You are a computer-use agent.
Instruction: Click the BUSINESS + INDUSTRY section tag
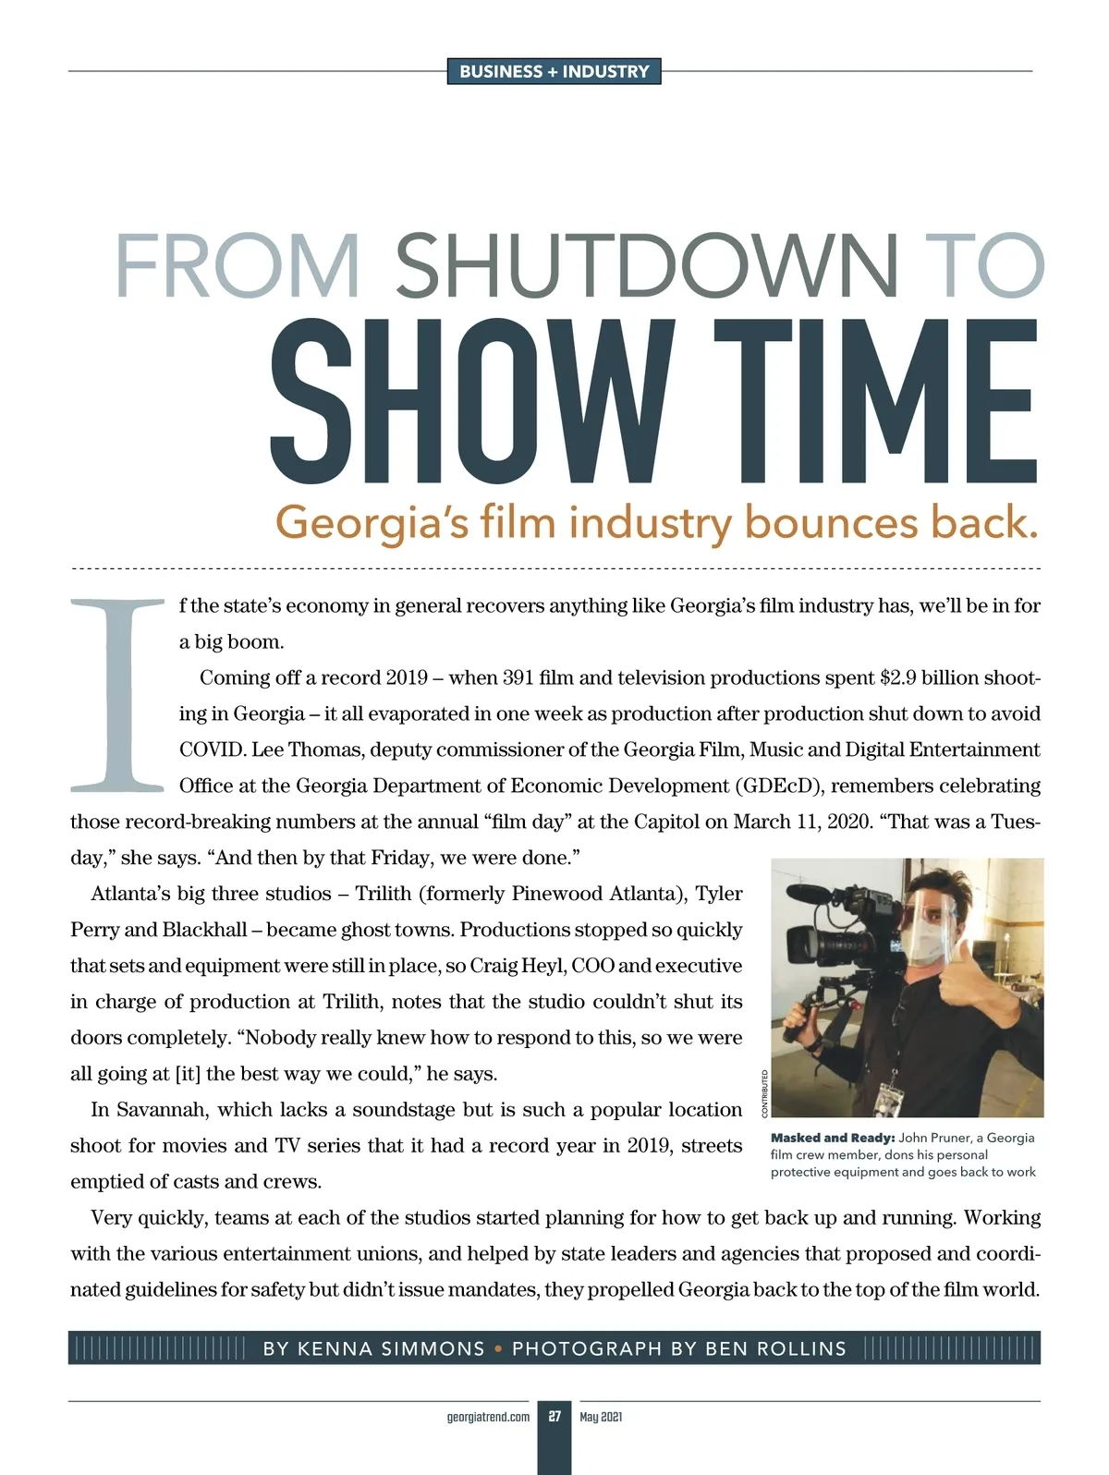point(554,71)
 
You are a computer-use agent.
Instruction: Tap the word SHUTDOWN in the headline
point(646,266)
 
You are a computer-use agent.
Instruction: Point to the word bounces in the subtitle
point(831,522)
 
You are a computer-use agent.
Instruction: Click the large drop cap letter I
point(117,695)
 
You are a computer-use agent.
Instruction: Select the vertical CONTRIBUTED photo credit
point(764,1093)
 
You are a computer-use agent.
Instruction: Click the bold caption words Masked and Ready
point(832,1138)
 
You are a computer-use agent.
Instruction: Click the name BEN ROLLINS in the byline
point(775,1348)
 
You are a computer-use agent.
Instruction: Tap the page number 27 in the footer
point(554,1417)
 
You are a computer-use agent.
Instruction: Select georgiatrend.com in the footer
point(488,1417)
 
